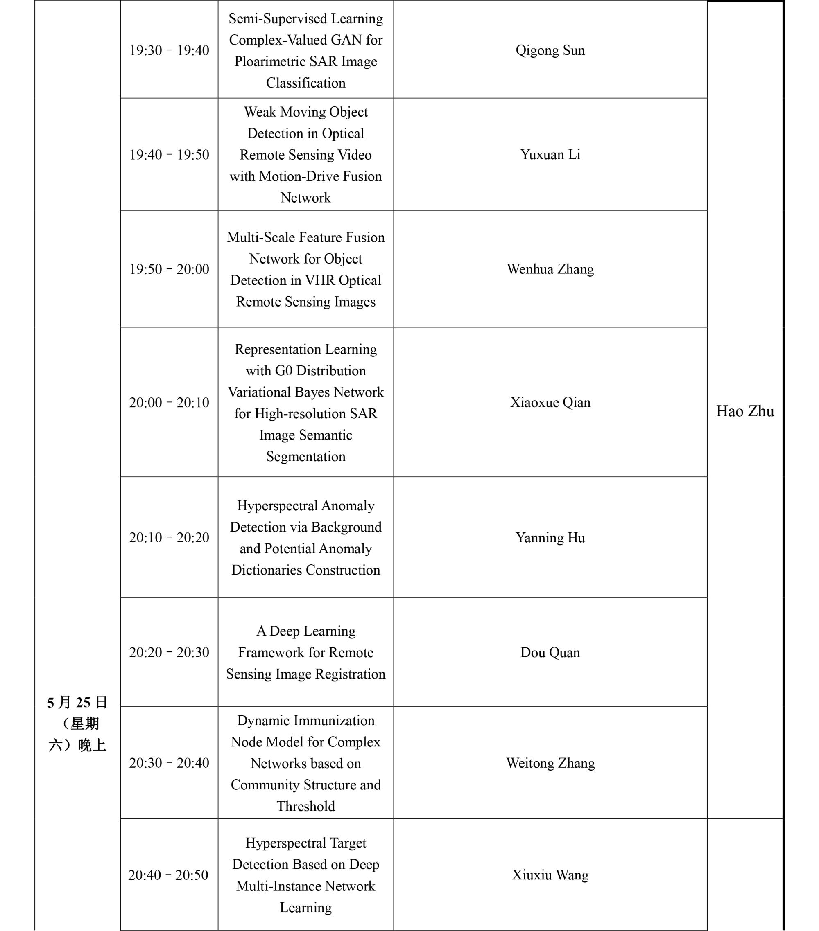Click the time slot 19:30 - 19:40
click(169, 50)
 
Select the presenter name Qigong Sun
click(550, 50)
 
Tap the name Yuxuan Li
click(550, 155)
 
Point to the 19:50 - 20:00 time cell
click(169, 269)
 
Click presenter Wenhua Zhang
click(550, 269)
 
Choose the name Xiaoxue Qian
click(550, 402)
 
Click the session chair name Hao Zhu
click(745, 411)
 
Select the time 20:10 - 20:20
click(169, 537)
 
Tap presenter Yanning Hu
click(550, 537)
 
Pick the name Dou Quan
click(550, 652)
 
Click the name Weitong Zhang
click(550, 763)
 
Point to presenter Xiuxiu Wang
click(550, 875)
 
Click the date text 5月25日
click(77, 702)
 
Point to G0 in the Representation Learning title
click(283, 371)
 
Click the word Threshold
click(305, 806)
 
